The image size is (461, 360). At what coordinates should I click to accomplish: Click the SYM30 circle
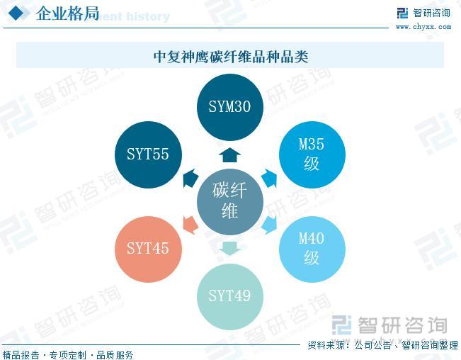230,107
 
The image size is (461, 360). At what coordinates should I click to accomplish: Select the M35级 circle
312,154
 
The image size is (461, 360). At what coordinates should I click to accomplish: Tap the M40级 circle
312,248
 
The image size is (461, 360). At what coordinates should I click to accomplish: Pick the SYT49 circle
230,296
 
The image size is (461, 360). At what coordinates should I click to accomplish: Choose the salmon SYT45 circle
148,249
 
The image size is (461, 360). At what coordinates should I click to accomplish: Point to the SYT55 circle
148,154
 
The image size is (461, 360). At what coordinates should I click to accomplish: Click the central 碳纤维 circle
230,201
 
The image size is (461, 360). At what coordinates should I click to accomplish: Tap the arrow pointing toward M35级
268,178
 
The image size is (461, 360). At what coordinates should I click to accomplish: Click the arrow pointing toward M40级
270,225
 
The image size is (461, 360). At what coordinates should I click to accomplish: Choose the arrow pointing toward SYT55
190,178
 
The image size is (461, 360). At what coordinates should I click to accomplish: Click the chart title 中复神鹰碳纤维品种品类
230,56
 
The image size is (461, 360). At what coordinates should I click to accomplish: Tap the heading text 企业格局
67,13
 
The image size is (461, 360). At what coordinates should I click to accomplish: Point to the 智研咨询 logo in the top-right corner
423,13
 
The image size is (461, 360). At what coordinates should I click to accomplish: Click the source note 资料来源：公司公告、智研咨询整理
382,346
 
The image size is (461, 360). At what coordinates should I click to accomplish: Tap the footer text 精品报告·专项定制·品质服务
68,354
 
